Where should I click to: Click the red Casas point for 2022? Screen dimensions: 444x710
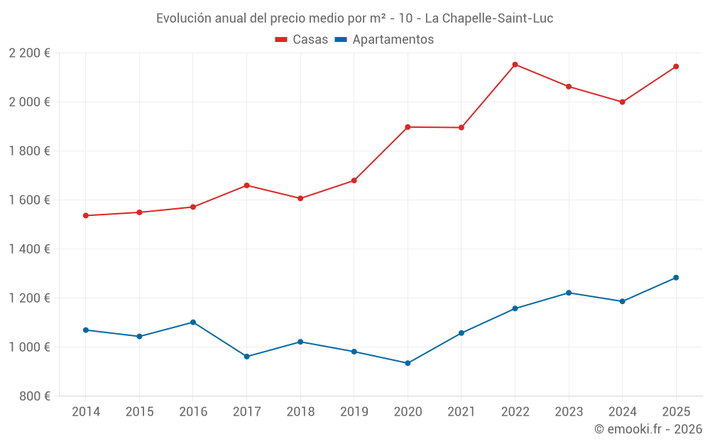click(515, 65)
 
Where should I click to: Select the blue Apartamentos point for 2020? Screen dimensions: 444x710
click(408, 363)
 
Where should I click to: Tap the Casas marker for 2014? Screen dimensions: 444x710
click(86, 215)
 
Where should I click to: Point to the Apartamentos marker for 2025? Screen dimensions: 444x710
click(676, 278)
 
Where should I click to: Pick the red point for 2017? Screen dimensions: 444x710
click(246, 185)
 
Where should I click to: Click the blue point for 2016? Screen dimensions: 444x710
click(193, 322)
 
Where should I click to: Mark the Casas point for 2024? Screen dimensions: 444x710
click(622, 102)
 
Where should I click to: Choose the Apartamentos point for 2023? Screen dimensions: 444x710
click(569, 293)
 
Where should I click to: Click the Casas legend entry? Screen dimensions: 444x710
click(302, 40)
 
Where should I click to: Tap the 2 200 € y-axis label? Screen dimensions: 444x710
click(30, 53)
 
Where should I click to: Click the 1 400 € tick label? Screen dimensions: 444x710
click(30, 249)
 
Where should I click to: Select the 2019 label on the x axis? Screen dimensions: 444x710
click(354, 412)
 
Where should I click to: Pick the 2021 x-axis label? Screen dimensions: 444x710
click(461, 412)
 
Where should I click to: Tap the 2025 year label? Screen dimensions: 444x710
click(676, 412)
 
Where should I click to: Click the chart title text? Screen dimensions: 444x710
click(354, 18)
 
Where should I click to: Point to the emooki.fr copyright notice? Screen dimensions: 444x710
click(648, 429)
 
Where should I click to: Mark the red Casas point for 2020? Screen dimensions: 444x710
click(408, 127)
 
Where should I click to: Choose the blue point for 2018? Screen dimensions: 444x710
click(300, 342)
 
